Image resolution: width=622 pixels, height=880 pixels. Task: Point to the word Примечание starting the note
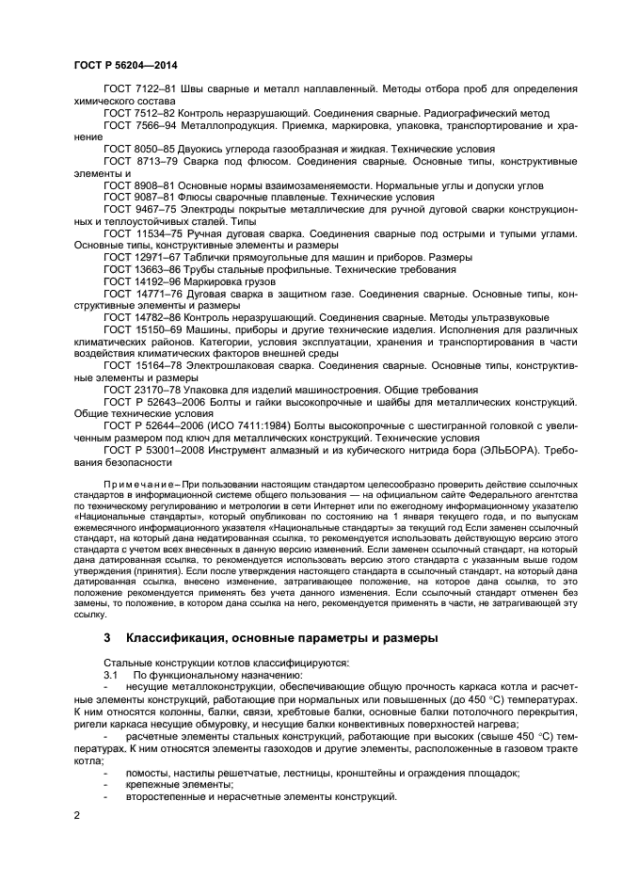click(142, 485)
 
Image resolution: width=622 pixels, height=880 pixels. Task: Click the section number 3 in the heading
click(107, 638)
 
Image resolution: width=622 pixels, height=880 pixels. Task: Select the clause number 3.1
click(112, 675)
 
